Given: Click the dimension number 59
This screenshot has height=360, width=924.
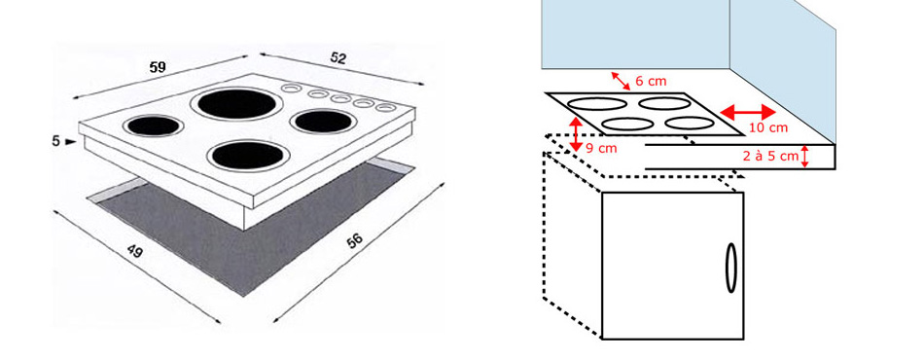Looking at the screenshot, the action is [x=158, y=67].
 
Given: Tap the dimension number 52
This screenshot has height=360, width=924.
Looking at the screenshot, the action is [x=338, y=58].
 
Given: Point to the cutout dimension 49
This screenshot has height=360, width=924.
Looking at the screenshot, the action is [x=135, y=251].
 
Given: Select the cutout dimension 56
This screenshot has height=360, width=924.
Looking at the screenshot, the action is [x=354, y=240].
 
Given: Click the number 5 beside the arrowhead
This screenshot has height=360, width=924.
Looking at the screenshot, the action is [x=56, y=141].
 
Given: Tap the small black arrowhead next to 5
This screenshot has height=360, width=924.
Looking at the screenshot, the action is [x=71, y=141].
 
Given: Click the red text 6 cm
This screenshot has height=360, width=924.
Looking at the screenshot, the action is [x=651, y=82].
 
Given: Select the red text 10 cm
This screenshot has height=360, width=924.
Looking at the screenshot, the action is [x=768, y=127].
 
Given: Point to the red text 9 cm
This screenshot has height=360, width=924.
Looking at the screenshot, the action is [x=601, y=149].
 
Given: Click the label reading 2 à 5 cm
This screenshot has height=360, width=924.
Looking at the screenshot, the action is [x=770, y=156].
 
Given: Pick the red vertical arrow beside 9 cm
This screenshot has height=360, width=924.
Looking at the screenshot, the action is [x=575, y=134].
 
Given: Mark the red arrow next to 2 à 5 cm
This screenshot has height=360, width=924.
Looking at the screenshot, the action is [x=806, y=156].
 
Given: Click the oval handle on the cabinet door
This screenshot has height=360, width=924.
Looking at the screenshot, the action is [x=730, y=268].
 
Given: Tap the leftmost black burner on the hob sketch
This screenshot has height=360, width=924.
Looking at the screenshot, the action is [x=154, y=126].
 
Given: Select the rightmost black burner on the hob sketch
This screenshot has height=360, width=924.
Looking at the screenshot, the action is [x=323, y=122].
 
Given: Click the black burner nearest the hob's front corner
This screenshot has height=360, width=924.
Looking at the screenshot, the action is [x=247, y=156].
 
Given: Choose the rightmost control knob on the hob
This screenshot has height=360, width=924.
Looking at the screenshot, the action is [x=385, y=108].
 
